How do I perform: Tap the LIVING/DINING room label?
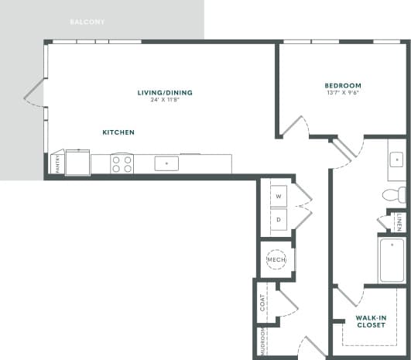point(165,93)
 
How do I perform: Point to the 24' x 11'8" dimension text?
point(165,101)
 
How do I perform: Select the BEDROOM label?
point(343,85)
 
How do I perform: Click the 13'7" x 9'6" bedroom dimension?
point(343,93)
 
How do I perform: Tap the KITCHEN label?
point(118,132)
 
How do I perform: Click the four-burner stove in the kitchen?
point(122,163)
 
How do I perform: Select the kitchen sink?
point(166,163)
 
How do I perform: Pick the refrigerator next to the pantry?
point(77,163)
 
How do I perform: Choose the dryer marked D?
point(278,220)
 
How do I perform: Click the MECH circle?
point(276,260)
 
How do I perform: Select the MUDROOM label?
point(262,340)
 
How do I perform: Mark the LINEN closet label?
point(399,223)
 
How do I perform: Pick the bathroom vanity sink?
point(396,160)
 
